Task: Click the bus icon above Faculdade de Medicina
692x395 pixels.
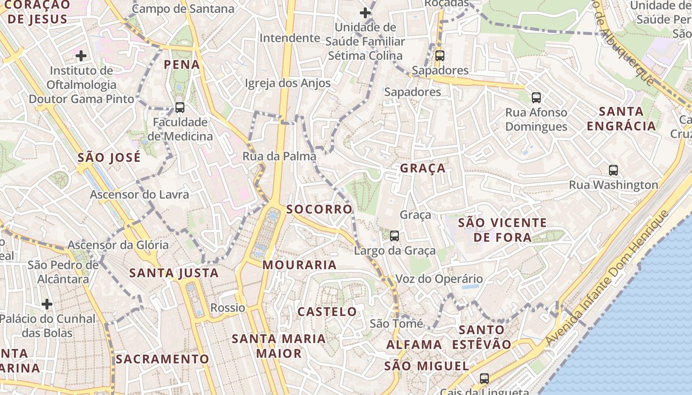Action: [180, 107]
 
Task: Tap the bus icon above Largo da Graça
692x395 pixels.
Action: [394, 236]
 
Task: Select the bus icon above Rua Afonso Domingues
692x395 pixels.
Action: [536, 97]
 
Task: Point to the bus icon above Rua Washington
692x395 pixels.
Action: [613, 170]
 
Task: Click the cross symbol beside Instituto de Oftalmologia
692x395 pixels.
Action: [81, 55]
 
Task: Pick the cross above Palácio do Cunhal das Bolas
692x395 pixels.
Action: [47, 304]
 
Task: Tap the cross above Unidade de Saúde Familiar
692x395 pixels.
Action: [365, 12]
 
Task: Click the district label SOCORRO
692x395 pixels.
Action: [319, 209]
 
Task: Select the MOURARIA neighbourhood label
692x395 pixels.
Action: [300, 265]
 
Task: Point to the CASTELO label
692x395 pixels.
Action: [327, 312]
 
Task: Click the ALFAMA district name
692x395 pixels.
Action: [414, 344]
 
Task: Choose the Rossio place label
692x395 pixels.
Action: [228, 308]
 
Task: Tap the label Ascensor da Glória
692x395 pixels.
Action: [118, 245]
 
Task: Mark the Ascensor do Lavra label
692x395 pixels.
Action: [139, 195]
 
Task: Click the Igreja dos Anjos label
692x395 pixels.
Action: [288, 83]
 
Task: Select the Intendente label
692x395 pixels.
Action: [290, 38]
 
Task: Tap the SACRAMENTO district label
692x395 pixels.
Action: [163, 359]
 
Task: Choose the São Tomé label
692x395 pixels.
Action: [396, 323]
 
